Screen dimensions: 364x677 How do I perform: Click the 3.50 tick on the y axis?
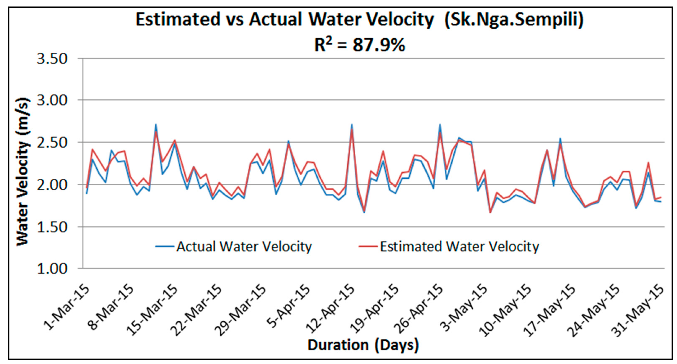52,59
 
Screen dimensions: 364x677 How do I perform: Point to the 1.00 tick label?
52,269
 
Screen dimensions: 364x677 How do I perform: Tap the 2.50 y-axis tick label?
52,143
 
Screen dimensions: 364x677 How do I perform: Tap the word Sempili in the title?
539,20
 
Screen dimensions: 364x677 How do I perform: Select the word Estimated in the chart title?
178,19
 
